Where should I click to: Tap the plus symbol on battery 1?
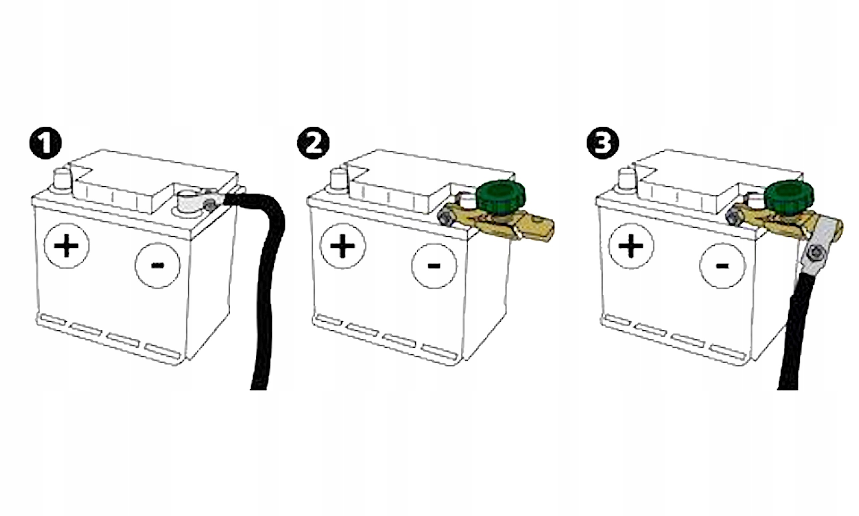pyautogui.click(x=66, y=246)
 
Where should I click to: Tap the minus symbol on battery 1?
pyautogui.click(x=157, y=266)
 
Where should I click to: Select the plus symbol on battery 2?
pyautogui.click(x=343, y=246)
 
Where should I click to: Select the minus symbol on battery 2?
pyautogui.click(x=434, y=266)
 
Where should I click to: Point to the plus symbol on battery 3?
pyautogui.click(x=631, y=246)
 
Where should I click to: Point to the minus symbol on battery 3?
pyautogui.click(x=722, y=266)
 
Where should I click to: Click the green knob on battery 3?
pyautogui.click(x=789, y=197)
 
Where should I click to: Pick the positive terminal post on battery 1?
pyautogui.click(x=61, y=180)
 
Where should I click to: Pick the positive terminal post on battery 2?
pyautogui.click(x=338, y=180)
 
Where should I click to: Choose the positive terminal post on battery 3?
pyautogui.click(x=626, y=180)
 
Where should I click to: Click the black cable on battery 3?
pyautogui.click(x=796, y=330)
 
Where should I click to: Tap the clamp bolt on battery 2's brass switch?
pyautogui.click(x=445, y=219)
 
